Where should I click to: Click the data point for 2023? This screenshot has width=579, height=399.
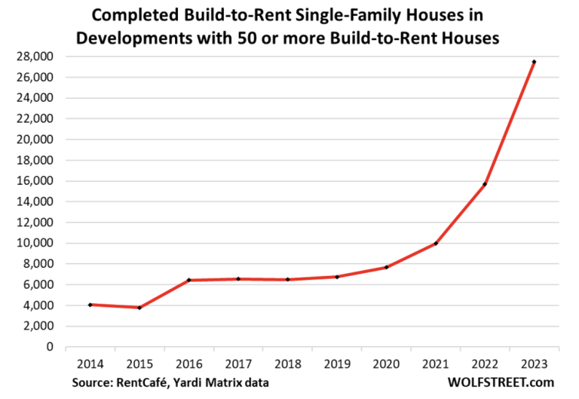[534, 62]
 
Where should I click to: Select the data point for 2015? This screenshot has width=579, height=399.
[139, 308]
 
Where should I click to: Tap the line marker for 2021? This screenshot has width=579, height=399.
[436, 243]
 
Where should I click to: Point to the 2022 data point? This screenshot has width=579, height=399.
[485, 184]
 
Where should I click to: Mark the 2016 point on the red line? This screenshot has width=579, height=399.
[188, 280]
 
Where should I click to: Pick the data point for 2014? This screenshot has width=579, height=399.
[90, 305]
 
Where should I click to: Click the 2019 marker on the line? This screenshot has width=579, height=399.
[337, 277]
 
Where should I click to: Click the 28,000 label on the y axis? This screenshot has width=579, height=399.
[35, 57]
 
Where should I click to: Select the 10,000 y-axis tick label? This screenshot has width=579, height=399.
[35, 243]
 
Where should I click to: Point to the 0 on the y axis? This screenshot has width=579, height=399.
[50, 347]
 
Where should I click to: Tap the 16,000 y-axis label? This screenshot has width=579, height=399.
[35, 181]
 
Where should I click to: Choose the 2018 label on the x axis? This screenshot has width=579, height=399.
[288, 364]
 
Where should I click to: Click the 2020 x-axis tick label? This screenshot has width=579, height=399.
[386, 364]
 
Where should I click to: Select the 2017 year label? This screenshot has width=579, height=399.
[238, 364]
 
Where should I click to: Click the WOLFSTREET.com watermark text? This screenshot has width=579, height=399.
[501, 382]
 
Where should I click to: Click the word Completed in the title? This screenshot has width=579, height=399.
[135, 16]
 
